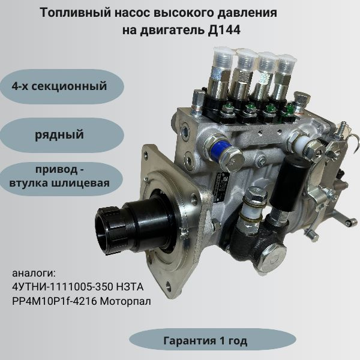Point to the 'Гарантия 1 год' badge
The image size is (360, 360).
click(205, 340)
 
